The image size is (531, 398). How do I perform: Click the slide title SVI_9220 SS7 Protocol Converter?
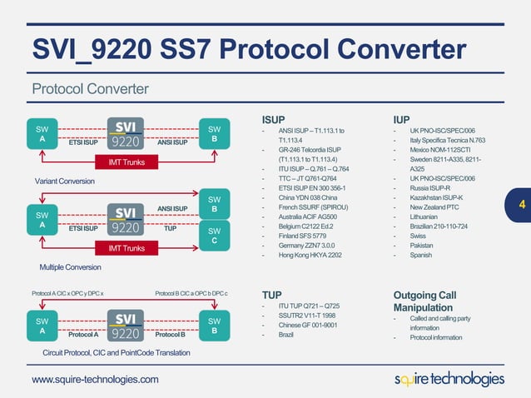pyautogui.click(x=249, y=49)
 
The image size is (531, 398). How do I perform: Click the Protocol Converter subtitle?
pyautogui.click(x=90, y=88)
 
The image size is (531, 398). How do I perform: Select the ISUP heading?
pyautogui.click(x=275, y=118)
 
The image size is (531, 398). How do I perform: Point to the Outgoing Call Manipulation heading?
pyautogui.click(x=424, y=301)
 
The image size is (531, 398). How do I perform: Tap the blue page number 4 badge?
pyautogui.click(x=521, y=204)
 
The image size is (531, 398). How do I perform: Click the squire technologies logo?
pyautogui.click(x=449, y=379)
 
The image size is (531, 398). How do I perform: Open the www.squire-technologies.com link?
pyautogui.click(x=95, y=380)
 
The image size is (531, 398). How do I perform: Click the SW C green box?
pyautogui.click(x=214, y=236)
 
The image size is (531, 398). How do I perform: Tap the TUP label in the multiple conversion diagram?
pyautogui.click(x=170, y=226)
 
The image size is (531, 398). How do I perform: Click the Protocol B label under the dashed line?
pyautogui.click(x=170, y=335)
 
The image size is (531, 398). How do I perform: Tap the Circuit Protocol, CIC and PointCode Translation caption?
pyautogui.click(x=116, y=353)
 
